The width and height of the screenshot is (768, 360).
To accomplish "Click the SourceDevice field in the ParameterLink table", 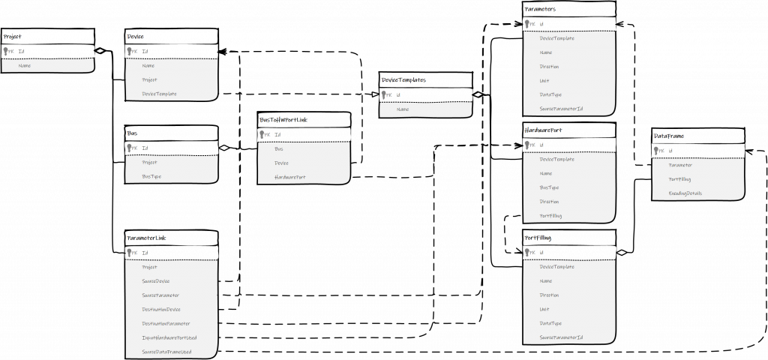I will [x=155, y=280].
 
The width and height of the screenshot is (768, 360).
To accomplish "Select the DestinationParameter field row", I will [x=163, y=323].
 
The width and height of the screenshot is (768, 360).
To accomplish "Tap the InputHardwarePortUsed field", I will [x=168, y=337].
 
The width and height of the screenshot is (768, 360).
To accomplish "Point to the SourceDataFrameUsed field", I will [x=166, y=352].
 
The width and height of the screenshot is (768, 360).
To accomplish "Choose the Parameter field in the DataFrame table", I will [x=679, y=165].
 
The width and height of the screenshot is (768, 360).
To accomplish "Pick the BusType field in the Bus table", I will [x=151, y=176].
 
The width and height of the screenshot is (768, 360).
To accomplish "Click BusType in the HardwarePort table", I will [x=549, y=187].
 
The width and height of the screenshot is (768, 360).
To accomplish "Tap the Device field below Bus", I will [x=282, y=163].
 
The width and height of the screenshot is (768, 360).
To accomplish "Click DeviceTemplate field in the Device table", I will [x=159, y=94].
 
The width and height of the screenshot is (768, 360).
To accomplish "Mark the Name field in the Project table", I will [x=25, y=66].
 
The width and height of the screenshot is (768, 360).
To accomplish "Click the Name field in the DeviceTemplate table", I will [x=403, y=109].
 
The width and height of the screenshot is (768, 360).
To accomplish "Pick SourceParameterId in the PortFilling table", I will [x=560, y=337].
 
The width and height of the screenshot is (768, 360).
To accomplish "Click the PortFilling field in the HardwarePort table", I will [x=550, y=216].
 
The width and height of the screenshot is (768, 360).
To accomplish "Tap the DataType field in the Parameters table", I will [x=550, y=94].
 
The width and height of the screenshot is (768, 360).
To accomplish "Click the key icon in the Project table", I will [x=7, y=50].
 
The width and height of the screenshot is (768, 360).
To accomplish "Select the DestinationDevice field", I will [x=160, y=309].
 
